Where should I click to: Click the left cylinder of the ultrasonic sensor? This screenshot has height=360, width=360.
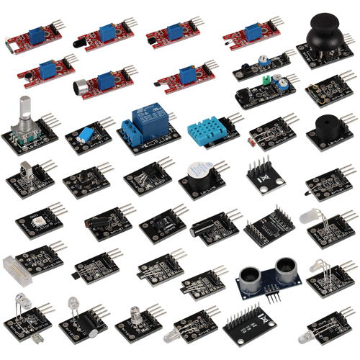coord(249,276)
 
